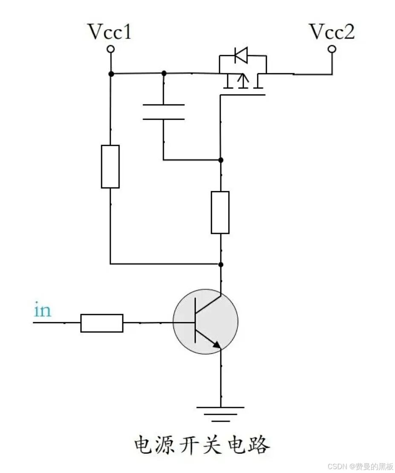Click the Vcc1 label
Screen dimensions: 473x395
tap(110, 32)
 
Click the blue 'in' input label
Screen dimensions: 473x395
tap(42, 310)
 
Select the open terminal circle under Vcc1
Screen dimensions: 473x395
tap(111, 49)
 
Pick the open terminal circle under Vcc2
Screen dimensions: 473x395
tap(332, 49)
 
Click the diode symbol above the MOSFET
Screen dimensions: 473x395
tap(241, 55)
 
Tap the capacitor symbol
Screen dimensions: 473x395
tap(164, 112)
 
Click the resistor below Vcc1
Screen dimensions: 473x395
tap(110, 166)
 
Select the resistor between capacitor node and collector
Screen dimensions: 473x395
tap(220, 212)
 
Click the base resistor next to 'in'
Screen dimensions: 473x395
tap(102, 323)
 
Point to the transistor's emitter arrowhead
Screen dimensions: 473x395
tap(217, 345)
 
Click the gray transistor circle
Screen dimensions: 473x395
tap(205, 321)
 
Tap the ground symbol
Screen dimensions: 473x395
tap(220, 414)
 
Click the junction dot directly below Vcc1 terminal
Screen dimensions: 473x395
tap(111, 74)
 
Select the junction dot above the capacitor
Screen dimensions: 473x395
tap(164, 73)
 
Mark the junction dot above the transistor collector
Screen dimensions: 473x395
tap(221, 264)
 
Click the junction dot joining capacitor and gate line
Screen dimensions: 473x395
tap(221, 160)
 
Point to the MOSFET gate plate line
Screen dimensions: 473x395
tap(242, 95)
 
